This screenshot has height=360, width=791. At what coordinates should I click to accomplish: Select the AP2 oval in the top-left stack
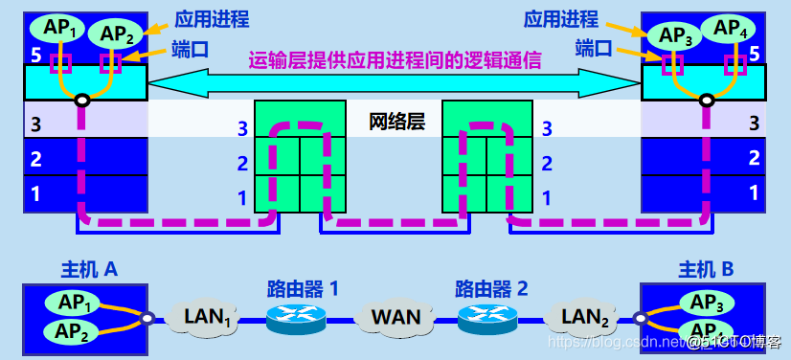pyautogui.click(x=116, y=34)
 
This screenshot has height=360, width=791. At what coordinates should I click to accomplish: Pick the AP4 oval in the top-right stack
pyautogui.click(x=732, y=28)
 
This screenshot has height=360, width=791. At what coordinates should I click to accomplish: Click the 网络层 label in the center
pyautogui.click(x=395, y=122)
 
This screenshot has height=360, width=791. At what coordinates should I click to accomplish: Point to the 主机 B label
pyautogui.click(x=706, y=270)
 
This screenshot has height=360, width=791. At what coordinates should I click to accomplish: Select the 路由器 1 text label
pyautogui.click(x=303, y=287)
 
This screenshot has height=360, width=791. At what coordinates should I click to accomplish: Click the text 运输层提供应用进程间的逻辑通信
pyautogui.click(x=395, y=60)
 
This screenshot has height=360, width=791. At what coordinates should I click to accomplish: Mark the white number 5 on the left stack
pyautogui.click(x=36, y=56)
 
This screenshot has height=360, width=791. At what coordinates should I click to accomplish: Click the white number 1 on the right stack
pyautogui.click(x=755, y=193)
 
